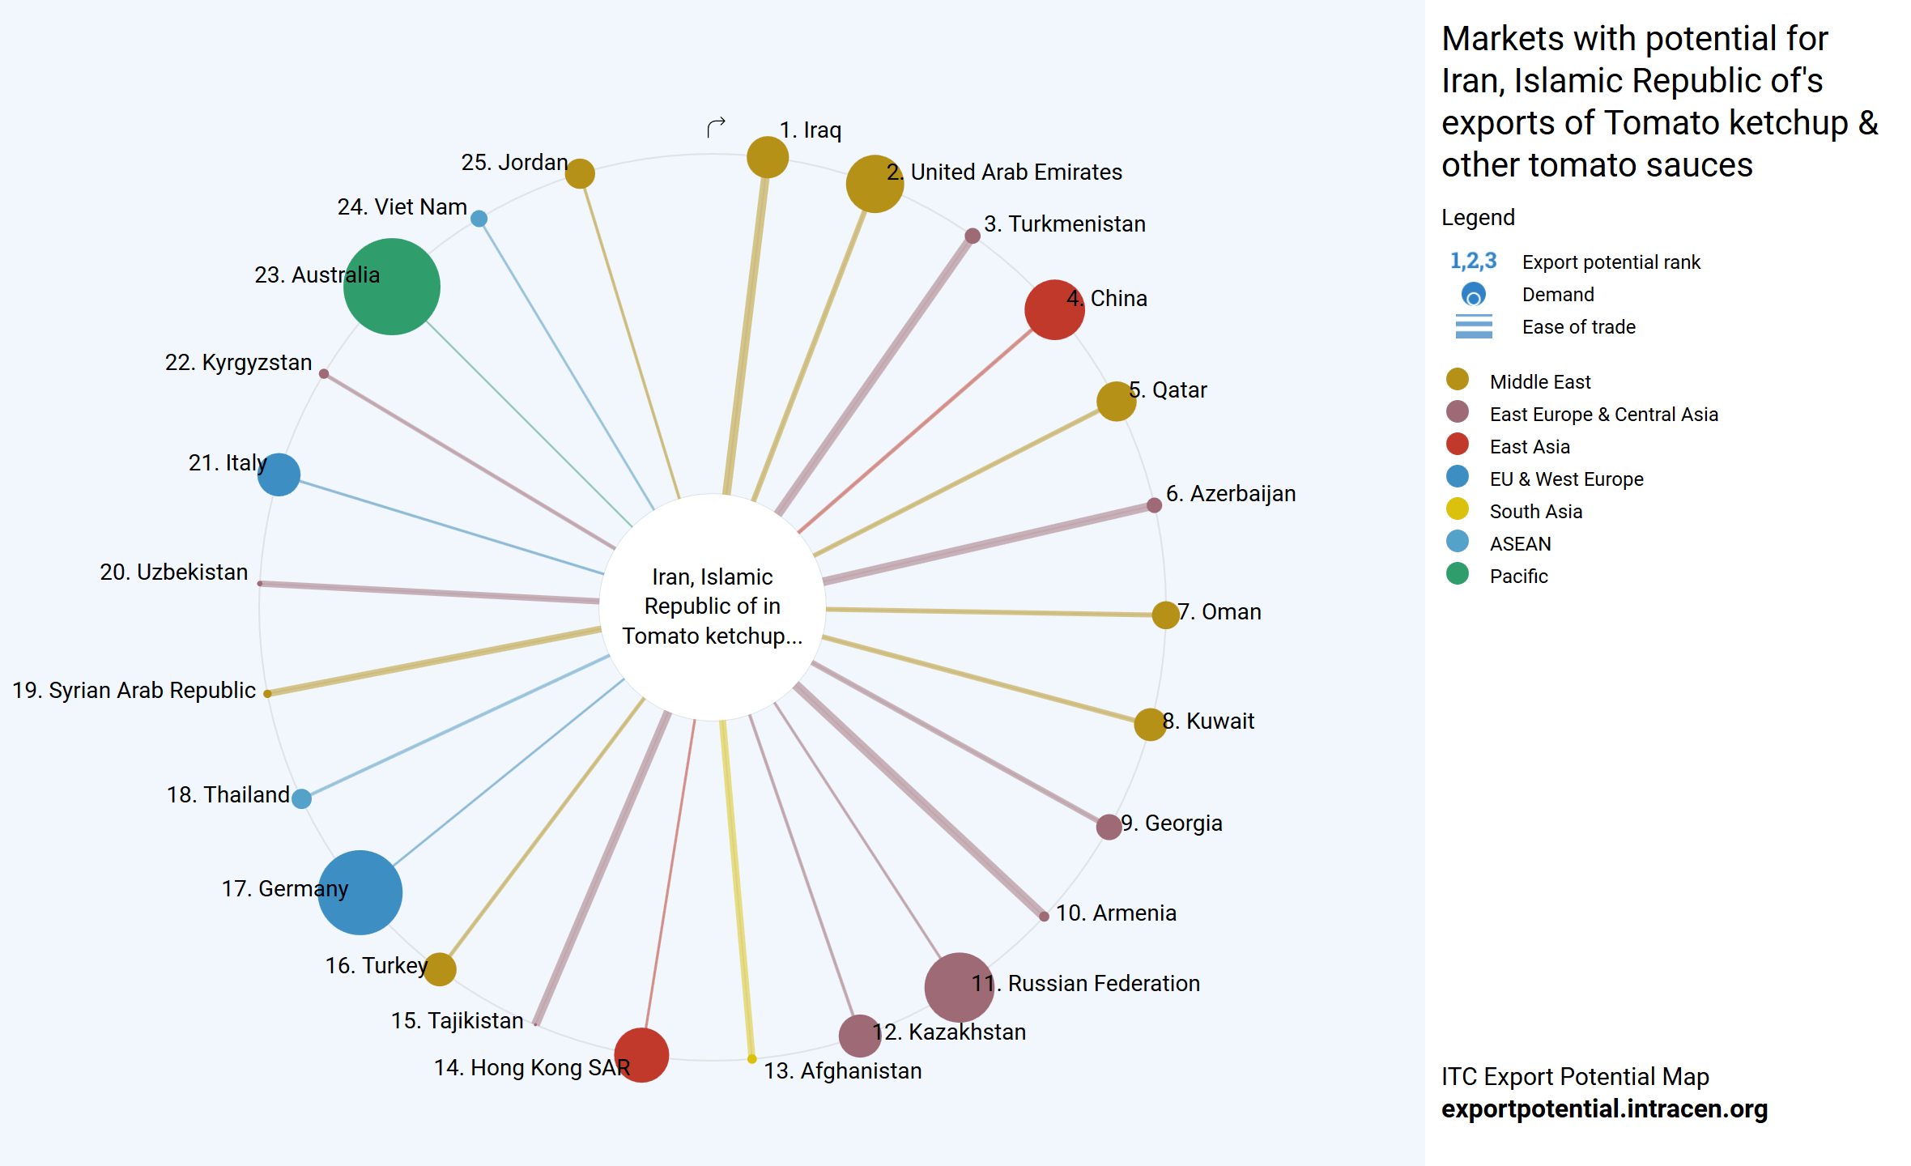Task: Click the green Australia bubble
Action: (391, 287)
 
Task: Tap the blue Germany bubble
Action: (360, 892)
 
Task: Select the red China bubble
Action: (1054, 309)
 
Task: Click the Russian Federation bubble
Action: (959, 987)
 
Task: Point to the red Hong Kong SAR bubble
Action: (641, 1054)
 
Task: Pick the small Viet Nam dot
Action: (479, 219)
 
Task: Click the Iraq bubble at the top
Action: (767, 157)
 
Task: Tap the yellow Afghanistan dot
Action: (751, 1058)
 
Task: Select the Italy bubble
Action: (279, 474)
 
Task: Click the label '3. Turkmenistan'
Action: (1064, 223)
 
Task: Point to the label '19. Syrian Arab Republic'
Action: (134, 690)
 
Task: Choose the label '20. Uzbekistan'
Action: (173, 572)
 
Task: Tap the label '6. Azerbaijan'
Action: (1230, 493)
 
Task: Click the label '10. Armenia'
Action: (1115, 913)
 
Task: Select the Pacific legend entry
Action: (1518, 576)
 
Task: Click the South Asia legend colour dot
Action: (1457, 509)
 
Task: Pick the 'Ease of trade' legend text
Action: (1578, 327)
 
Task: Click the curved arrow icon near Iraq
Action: (716, 127)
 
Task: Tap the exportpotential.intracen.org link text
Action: (1604, 1109)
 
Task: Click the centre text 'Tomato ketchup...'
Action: (712, 636)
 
